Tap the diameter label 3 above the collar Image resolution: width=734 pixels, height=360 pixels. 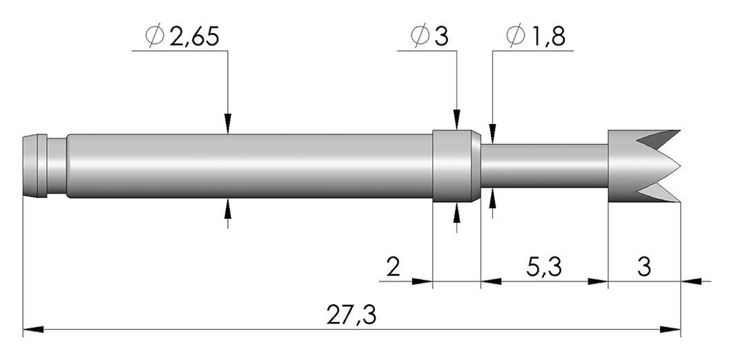tap(442, 37)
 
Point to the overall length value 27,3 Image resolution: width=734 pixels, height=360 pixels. tap(351, 316)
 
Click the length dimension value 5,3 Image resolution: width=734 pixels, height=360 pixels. tap(544, 268)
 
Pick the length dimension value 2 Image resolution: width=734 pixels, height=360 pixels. tap(394, 267)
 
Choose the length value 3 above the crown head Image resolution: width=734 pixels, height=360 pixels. tap(644, 267)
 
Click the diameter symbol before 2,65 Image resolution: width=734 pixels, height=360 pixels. tap(155, 37)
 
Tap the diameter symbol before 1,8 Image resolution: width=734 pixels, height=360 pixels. tap(516, 37)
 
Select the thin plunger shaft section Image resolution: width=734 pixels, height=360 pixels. tap(544, 166)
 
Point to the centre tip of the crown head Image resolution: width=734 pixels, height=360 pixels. tap(680, 166)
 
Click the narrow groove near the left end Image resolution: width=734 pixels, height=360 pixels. tap(57, 166)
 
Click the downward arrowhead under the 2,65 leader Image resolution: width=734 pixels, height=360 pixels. tap(227, 123)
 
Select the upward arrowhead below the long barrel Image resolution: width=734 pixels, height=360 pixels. tap(227, 209)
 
